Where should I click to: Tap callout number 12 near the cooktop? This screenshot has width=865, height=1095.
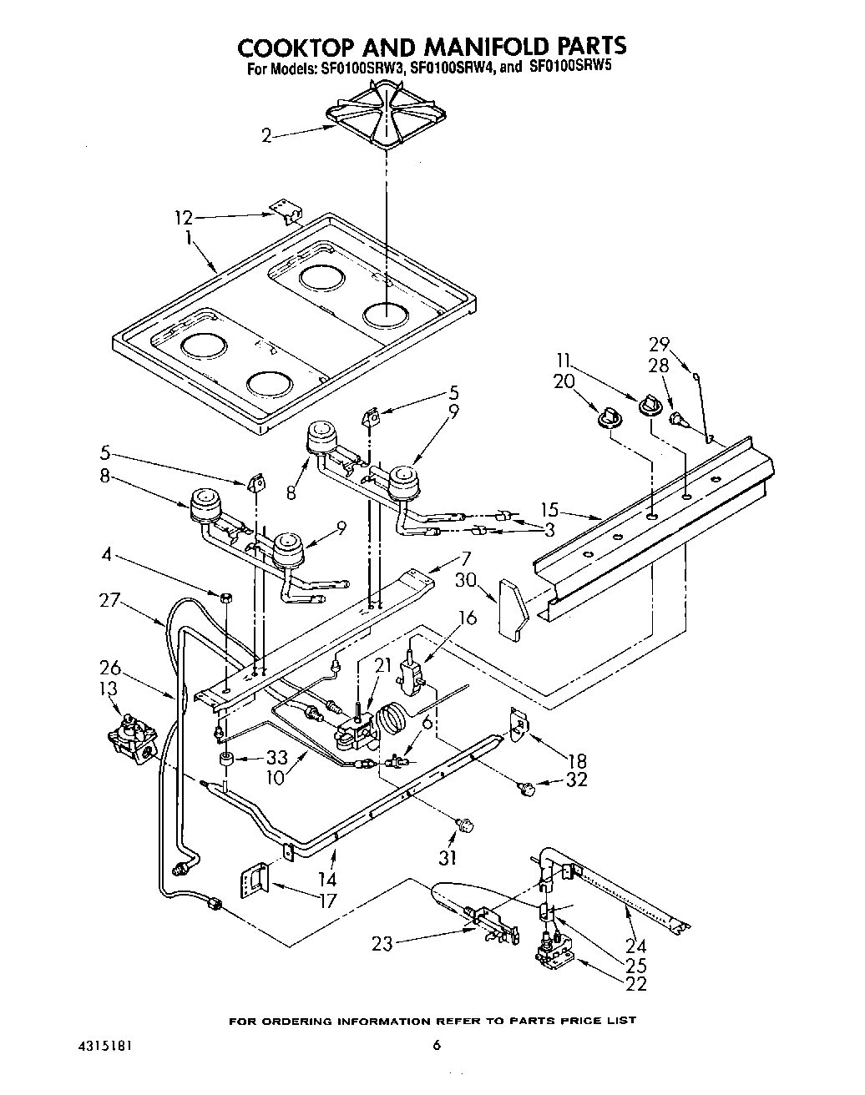point(183,218)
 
